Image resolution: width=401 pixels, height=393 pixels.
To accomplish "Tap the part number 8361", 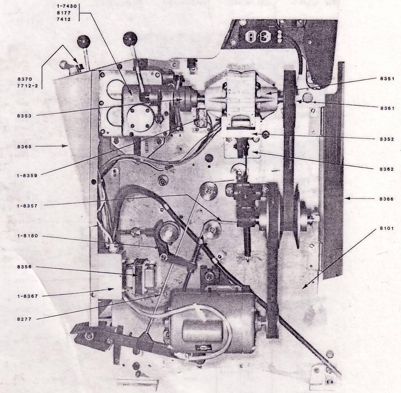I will [x=386, y=108].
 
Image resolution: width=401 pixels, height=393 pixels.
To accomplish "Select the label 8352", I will [x=386, y=139].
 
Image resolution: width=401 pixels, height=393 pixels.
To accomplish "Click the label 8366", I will [x=386, y=199].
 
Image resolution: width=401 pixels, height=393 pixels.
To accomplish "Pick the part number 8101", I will [x=386, y=229].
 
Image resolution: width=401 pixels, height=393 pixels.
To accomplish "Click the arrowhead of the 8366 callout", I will [x=346, y=199].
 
